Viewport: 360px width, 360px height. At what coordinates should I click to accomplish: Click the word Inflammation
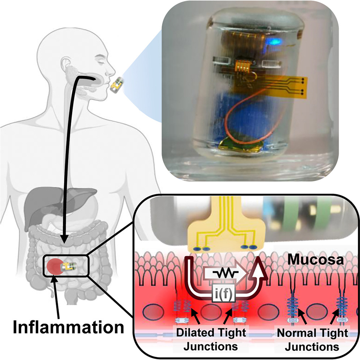point(68,327)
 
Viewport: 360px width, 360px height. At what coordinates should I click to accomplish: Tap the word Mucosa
point(316,260)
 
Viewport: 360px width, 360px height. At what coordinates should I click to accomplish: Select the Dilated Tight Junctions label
point(211,339)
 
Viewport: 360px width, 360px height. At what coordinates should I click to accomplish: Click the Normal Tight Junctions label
point(312,339)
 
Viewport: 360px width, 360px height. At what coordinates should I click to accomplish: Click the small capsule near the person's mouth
point(117,85)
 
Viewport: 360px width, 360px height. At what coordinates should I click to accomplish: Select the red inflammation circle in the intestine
point(55,266)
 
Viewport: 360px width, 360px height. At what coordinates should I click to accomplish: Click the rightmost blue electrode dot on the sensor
point(253,247)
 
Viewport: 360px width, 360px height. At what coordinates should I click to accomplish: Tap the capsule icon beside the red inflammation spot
point(68,266)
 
